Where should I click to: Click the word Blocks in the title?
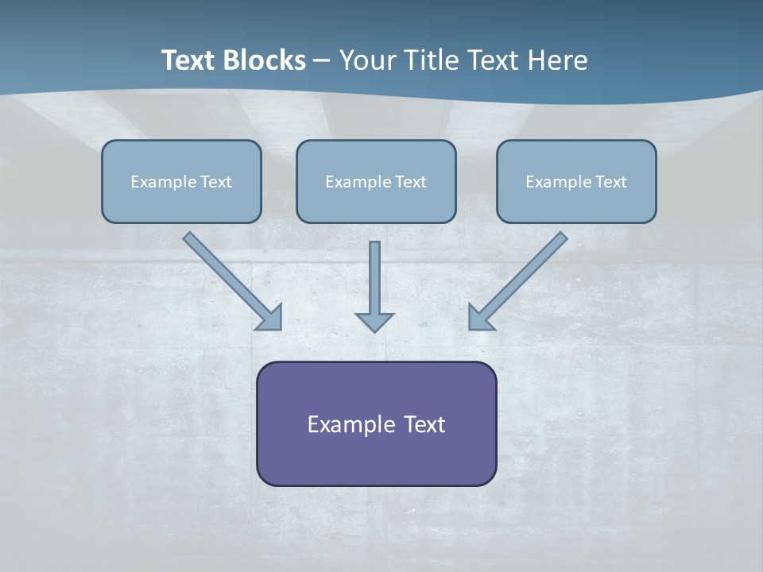click(265, 60)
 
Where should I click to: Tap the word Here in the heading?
click(556, 60)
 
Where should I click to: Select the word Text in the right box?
click(610, 182)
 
